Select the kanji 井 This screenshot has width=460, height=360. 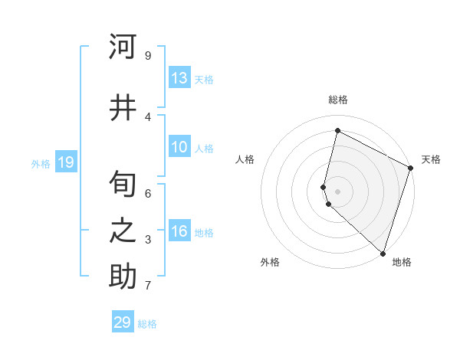point(123,107)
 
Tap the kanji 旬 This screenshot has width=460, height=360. point(123,184)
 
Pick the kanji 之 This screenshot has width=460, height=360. point(123,231)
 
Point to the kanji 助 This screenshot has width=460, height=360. point(123,277)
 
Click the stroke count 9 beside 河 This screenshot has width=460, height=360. point(148,55)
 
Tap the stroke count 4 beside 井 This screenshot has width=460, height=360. point(148,116)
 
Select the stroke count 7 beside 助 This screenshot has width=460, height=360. point(148,286)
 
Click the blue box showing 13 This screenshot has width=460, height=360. point(179,78)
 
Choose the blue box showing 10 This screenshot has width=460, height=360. point(179,147)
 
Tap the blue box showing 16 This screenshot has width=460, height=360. point(179,231)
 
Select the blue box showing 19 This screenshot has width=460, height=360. point(66,162)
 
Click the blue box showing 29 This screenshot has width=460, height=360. point(123,322)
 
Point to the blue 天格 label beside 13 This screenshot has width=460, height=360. point(204,80)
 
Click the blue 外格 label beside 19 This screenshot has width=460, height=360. point(41,163)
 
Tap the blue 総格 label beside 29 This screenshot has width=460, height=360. point(147,324)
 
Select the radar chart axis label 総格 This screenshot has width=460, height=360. point(338,100)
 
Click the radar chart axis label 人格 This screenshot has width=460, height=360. point(245,159)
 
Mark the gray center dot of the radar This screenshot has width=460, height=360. point(338,191)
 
